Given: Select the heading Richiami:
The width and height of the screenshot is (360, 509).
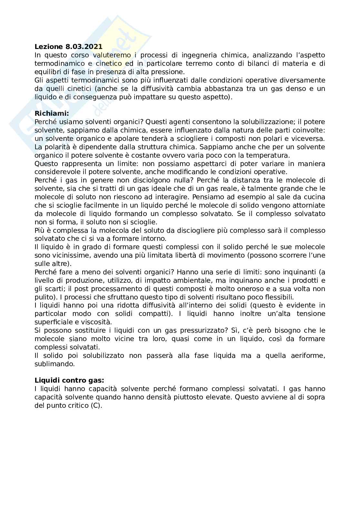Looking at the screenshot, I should [52, 113].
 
